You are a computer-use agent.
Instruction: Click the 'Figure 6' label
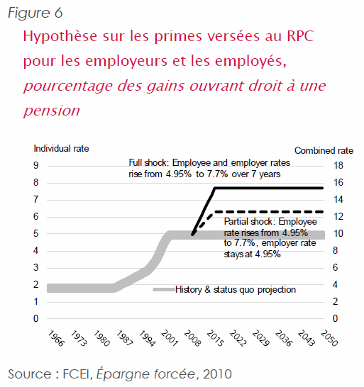pos(35,13)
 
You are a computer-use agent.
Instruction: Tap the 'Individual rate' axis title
pos(61,149)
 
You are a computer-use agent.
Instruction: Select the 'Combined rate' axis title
pos(324,150)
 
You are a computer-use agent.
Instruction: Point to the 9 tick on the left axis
pos(36,165)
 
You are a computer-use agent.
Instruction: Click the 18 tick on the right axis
pos(338,165)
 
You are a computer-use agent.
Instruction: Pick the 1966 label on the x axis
pos(56,338)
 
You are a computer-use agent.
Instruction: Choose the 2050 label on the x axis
pos(329,338)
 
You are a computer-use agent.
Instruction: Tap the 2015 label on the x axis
pos(216,338)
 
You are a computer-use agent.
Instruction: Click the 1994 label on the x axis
pos(148,338)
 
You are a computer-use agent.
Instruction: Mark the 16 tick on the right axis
pos(338,182)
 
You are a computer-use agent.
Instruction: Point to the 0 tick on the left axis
pos(36,319)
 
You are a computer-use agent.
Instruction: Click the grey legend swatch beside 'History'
pos(164,289)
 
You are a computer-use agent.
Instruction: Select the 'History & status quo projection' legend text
pos(236,289)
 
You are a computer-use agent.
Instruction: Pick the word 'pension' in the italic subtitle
pos(52,111)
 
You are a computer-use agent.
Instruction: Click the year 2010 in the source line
pos(217,374)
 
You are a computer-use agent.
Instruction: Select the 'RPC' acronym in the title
pos(300,36)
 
